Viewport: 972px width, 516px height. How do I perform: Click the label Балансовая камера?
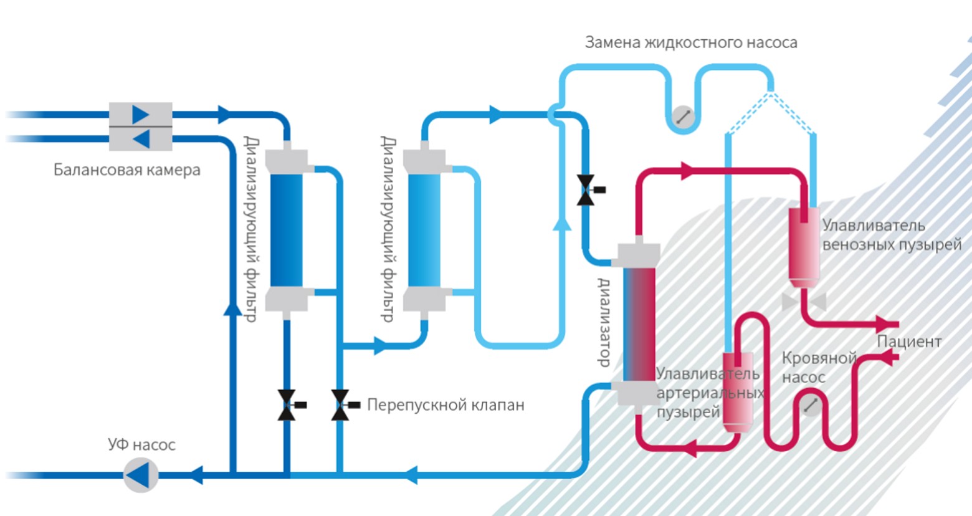coord(126,170)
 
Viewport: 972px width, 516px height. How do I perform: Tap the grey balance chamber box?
coord(141,127)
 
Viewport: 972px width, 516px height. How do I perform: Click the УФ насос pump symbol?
coord(140,475)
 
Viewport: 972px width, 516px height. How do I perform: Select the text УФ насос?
coord(141,445)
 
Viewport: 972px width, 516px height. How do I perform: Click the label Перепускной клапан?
coord(445,405)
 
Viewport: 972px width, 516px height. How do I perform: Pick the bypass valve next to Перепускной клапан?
coord(341,405)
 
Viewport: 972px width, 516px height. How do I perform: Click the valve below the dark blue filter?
coord(287,405)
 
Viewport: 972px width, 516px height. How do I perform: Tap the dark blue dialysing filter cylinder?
coord(287,231)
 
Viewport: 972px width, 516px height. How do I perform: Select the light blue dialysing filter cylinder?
coord(424,231)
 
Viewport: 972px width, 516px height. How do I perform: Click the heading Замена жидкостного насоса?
coord(690,42)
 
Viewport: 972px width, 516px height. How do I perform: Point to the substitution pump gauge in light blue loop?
coord(684,117)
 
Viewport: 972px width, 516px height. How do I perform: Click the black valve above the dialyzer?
coord(586,190)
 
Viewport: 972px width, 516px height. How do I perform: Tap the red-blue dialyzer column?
coord(639,324)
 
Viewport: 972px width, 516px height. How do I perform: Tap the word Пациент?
coord(908,342)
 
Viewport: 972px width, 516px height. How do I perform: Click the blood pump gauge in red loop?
coord(810,406)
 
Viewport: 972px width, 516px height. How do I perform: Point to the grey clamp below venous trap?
coord(804,302)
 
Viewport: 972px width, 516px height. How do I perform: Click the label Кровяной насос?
coord(818,368)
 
